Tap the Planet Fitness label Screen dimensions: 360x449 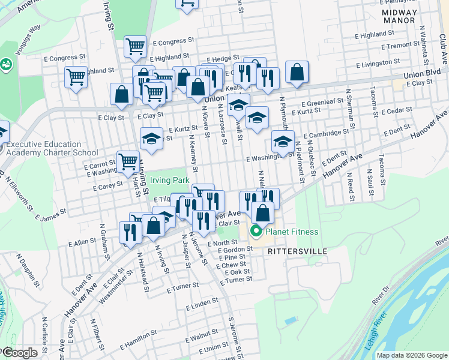tap(292, 232)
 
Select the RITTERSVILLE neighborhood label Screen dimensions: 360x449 tap(297, 250)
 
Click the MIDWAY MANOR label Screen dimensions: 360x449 tap(399, 16)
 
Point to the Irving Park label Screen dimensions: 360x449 tap(169, 180)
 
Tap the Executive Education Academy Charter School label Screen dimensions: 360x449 tap(44, 148)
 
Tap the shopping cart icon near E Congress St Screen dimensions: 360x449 tap(135, 46)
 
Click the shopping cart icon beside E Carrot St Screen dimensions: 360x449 tap(128, 161)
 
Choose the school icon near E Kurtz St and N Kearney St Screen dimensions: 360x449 tap(151, 139)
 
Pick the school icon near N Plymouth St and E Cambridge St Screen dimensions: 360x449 tap(283, 142)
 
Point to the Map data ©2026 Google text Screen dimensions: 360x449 tap(412, 355)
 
